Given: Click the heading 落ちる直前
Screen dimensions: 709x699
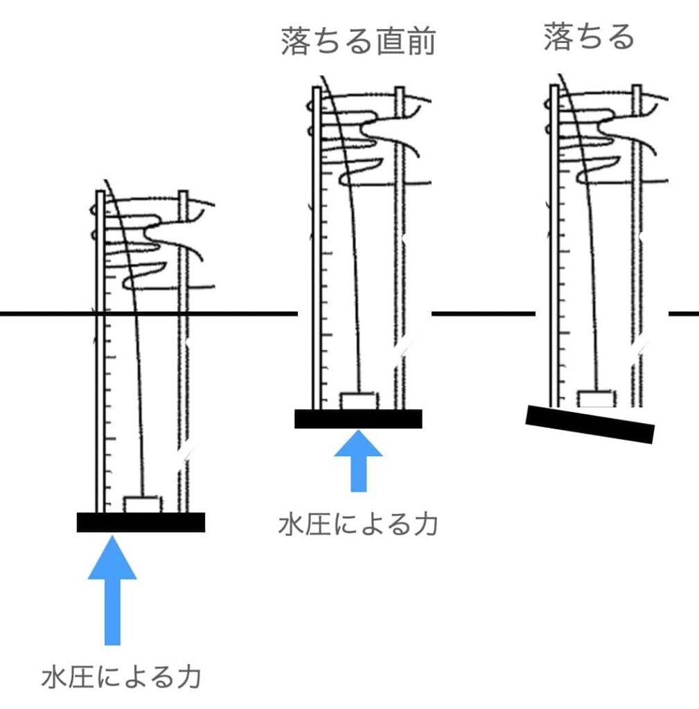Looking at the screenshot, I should coord(358,42).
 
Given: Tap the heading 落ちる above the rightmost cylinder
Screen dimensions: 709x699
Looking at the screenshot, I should coord(589,37).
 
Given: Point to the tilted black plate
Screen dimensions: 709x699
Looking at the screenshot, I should coord(590,424).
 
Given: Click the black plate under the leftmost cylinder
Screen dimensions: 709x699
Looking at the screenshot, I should coord(141,522).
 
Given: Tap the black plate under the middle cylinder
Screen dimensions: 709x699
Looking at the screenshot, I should coord(358,419).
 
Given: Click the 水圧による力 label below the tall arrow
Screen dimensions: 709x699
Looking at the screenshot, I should coord(121,676).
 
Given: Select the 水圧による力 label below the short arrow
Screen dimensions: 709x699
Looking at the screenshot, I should coord(358,524).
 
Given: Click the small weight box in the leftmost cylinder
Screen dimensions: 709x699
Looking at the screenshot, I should coord(141,504).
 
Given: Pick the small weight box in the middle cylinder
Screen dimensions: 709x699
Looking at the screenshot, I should coord(359,400).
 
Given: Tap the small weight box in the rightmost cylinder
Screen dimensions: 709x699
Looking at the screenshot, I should coord(596,398).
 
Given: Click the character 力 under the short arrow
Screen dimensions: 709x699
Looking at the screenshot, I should coord(425,524).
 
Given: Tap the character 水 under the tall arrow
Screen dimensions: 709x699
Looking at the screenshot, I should coord(55,676).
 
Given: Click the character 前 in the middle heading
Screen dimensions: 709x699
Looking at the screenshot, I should coord(422,42).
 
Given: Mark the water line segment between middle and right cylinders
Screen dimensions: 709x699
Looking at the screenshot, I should coord(483,314).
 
